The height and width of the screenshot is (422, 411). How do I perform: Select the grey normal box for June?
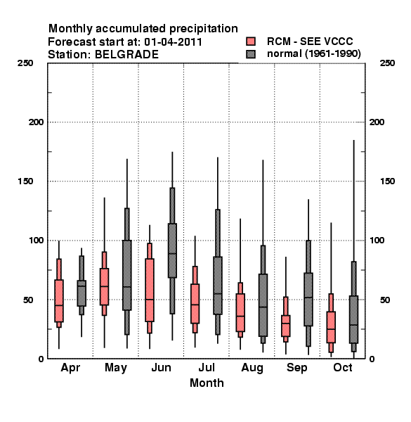point(172,250)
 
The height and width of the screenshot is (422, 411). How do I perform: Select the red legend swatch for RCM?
point(251,41)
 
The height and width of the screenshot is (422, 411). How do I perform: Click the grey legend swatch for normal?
point(251,54)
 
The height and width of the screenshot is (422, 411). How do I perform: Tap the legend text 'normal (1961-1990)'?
point(313,54)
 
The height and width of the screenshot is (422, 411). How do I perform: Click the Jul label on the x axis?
point(207,367)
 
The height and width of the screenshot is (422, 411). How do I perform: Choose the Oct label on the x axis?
point(342,367)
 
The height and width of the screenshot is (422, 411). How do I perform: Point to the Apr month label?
point(70,368)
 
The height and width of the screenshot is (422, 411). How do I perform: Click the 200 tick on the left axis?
point(36,122)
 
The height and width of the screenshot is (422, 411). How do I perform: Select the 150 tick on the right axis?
point(387,181)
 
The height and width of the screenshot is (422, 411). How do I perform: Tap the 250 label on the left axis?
point(25,63)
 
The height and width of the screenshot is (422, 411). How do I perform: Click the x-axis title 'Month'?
point(207,383)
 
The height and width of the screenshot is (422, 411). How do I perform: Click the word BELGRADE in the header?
point(126,55)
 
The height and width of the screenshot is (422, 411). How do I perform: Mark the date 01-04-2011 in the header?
point(173,42)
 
